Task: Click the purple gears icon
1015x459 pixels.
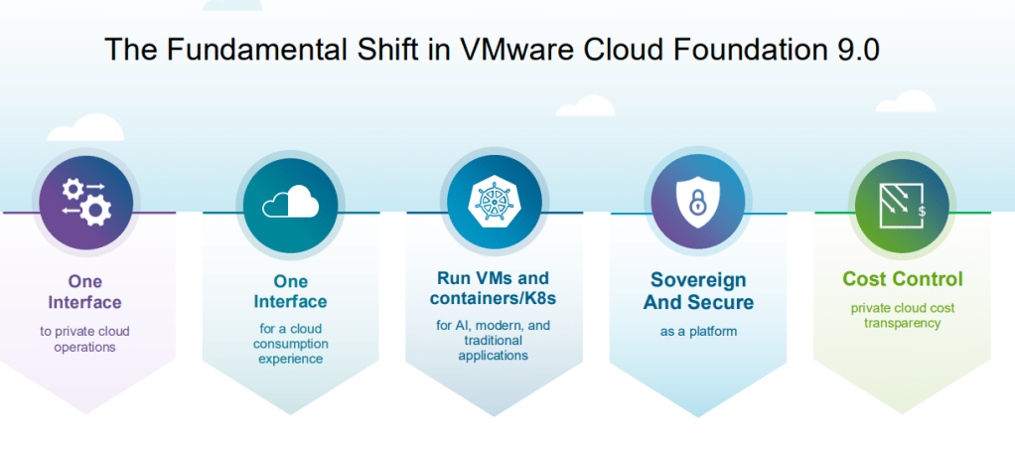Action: tap(86, 199)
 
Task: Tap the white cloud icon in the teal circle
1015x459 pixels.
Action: tap(290, 203)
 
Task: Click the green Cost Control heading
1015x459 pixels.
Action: tap(903, 279)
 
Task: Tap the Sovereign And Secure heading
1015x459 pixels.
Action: tap(698, 291)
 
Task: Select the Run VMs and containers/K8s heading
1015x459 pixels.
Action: tap(493, 287)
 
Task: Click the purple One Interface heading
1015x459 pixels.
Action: tap(85, 291)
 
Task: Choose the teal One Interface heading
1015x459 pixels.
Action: tap(290, 291)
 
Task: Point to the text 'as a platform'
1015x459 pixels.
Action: tap(698, 331)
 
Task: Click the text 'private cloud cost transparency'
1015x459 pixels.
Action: tap(902, 315)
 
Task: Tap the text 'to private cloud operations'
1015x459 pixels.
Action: tap(85, 339)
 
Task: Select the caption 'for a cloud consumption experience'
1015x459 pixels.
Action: tap(290, 343)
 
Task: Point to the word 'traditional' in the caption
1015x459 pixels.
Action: tap(492, 340)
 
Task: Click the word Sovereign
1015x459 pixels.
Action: tap(698, 280)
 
